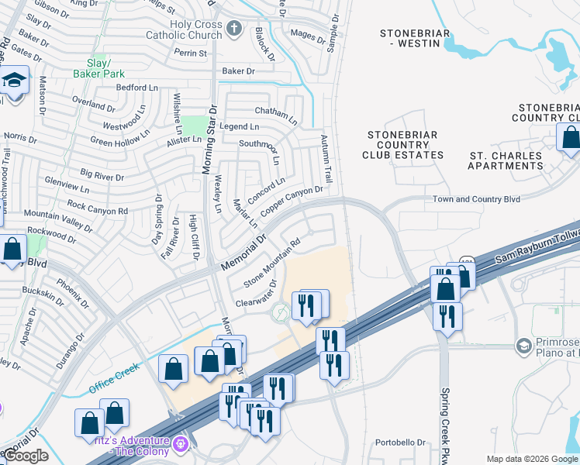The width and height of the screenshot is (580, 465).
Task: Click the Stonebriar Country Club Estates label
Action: tap(403, 145)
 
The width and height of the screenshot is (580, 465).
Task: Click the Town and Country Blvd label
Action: tap(476, 199)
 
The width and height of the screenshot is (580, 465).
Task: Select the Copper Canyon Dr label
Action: tap(292, 201)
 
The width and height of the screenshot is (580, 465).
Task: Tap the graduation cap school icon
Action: tap(14, 81)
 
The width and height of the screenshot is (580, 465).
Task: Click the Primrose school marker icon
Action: tap(523, 345)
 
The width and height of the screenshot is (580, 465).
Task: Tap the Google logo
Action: tap(26, 456)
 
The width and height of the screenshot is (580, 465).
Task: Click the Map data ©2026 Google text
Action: tap(531, 459)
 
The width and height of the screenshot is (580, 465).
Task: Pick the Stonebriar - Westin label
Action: tap(410, 38)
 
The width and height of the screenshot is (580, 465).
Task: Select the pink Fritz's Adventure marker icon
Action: tap(181, 444)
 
